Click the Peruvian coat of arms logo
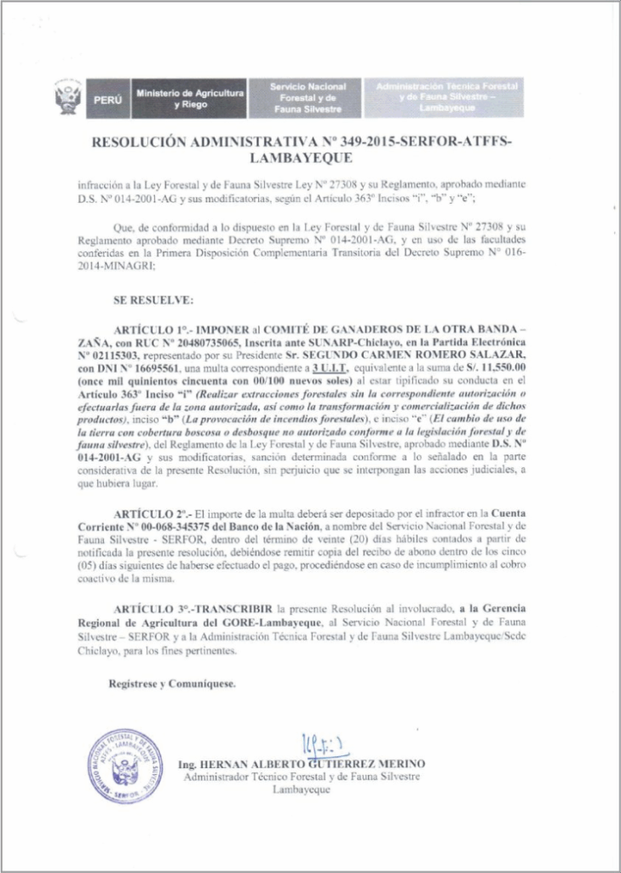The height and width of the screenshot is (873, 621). (67, 98)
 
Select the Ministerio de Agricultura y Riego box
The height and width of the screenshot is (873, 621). (190, 98)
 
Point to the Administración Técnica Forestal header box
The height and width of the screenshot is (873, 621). (444, 98)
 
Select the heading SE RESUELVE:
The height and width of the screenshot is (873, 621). (152, 300)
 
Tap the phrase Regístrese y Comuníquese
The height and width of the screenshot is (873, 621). (173, 685)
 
